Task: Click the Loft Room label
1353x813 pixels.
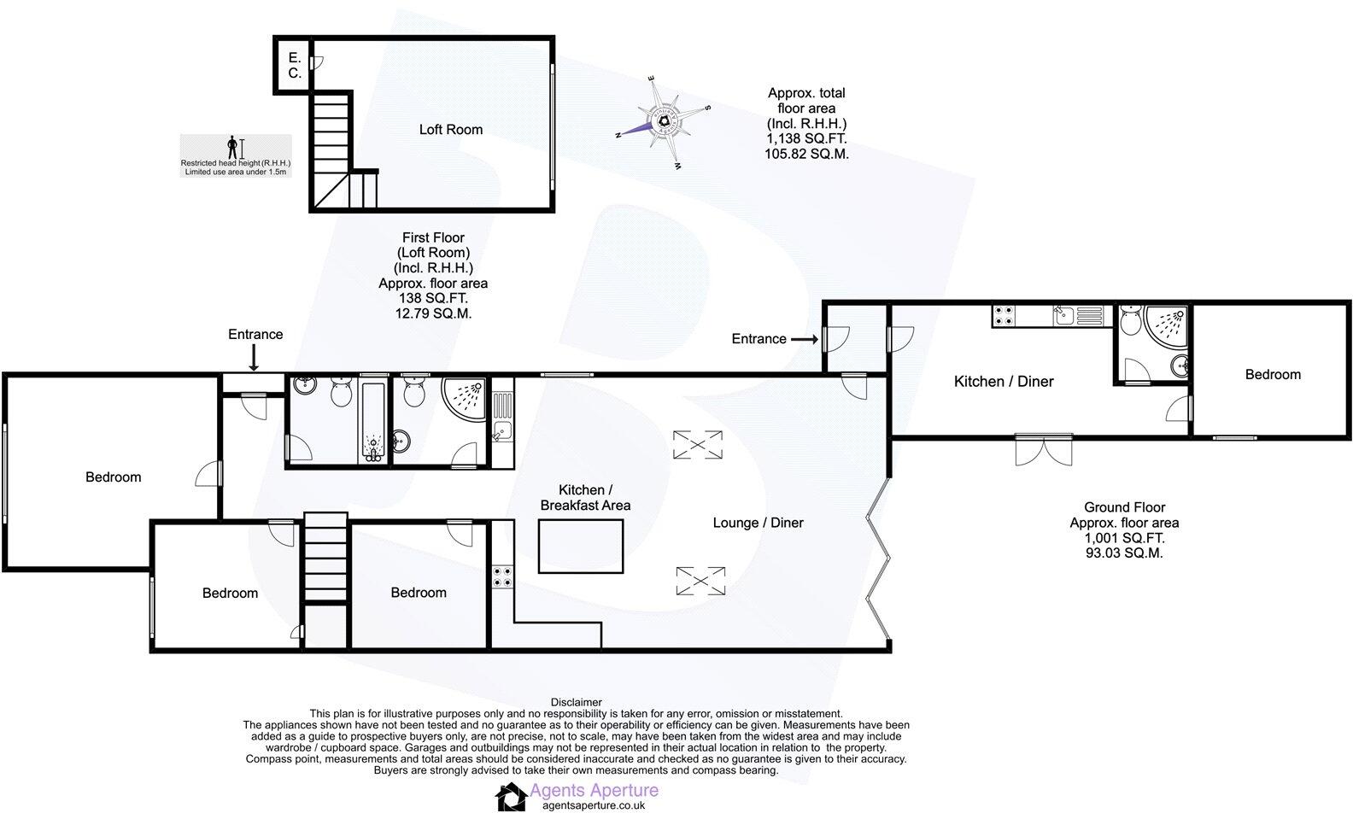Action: click(450, 130)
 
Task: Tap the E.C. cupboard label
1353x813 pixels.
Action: click(294, 66)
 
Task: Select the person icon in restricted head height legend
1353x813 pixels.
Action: click(231, 147)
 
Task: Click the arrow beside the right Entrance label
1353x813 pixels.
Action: click(805, 339)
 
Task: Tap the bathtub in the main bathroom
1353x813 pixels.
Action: click(372, 421)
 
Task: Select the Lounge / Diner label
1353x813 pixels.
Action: click(758, 523)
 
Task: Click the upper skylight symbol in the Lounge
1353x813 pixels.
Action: click(698, 444)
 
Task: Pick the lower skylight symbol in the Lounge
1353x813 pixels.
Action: click(700, 581)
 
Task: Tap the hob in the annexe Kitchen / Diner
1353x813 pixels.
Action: click(1003, 315)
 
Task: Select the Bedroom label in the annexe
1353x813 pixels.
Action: click(1273, 374)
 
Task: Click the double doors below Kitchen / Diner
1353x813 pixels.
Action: click(1044, 450)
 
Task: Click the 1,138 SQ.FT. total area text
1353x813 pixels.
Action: click(806, 139)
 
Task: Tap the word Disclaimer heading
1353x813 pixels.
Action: click(576, 702)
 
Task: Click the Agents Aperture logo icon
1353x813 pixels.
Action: click(512, 797)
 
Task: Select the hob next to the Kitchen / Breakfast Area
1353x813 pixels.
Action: click(501, 577)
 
